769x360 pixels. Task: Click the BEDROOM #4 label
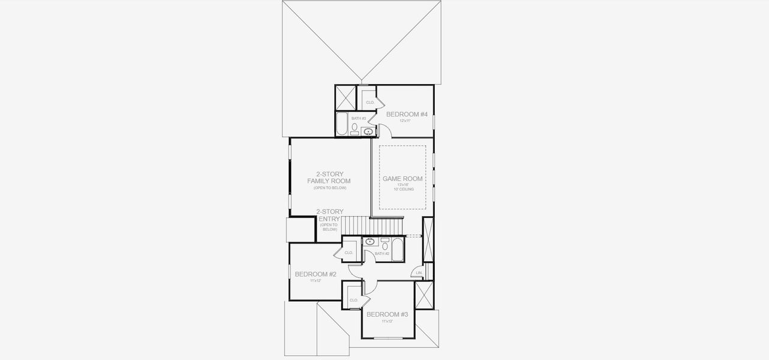click(406, 114)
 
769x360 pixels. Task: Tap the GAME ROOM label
click(402, 179)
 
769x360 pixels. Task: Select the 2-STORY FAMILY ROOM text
click(329, 178)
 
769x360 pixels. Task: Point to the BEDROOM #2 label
click(315, 274)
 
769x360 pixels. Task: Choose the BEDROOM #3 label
click(387, 314)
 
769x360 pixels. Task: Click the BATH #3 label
click(359, 118)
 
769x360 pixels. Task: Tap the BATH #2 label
click(382, 254)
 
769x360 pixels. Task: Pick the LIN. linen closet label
click(419, 273)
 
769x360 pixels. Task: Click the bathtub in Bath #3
click(342, 124)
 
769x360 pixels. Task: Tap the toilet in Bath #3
click(355, 127)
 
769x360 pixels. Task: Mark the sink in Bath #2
click(370, 242)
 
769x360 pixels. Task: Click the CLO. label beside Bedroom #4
click(370, 103)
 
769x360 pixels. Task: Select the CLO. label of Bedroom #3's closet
click(353, 300)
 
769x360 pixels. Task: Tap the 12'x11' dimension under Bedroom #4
click(405, 121)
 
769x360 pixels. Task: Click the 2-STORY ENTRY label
click(329, 215)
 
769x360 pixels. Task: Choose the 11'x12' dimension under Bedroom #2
click(315, 281)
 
